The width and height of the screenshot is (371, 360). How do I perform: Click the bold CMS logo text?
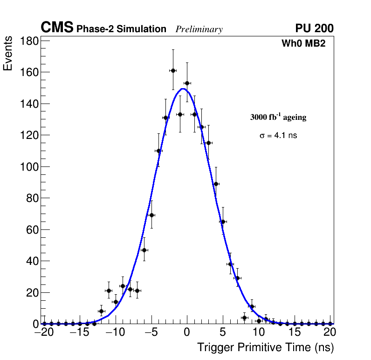[x=57, y=28]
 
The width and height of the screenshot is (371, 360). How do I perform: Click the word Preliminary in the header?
[x=199, y=29]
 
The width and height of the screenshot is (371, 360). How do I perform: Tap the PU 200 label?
[x=314, y=28]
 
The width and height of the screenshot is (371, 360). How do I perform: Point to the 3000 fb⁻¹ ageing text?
[x=278, y=118]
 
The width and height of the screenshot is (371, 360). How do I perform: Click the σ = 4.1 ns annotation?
[x=278, y=136]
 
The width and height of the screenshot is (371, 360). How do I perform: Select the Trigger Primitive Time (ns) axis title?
[x=265, y=347]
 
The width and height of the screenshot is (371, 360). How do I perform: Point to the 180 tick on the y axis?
[x=29, y=41]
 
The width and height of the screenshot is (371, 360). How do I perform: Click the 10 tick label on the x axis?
[x=259, y=332]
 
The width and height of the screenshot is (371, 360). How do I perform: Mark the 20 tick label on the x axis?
[x=330, y=332]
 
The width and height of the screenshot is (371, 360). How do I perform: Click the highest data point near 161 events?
[x=173, y=70]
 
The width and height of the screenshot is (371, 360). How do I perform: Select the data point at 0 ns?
[x=187, y=83]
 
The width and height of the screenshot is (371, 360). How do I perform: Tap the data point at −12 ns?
[x=101, y=311]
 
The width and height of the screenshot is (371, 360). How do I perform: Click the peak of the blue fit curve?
[x=183, y=89]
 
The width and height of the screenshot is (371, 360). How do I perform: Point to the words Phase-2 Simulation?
[x=121, y=29]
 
